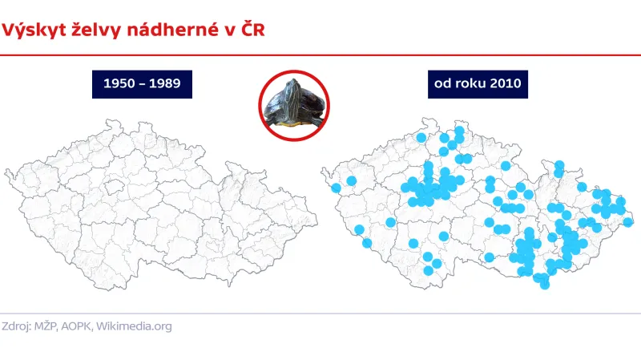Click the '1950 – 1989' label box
point(143,83)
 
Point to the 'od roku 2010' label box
point(479,83)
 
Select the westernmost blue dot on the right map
point(336,188)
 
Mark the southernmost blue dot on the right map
point(545,284)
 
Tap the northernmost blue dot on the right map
point(459,130)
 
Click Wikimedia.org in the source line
point(144,326)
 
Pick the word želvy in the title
point(95,30)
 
